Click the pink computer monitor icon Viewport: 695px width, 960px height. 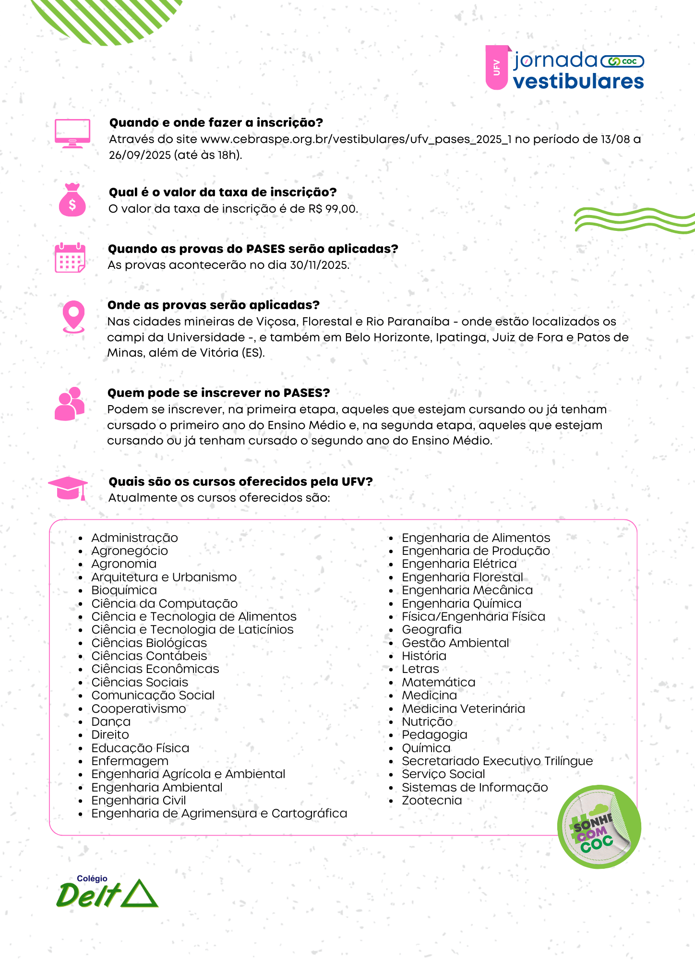(x=72, y=133)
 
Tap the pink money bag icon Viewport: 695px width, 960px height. (x=72, y=200)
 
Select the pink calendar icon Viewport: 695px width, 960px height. (x=70, y=258)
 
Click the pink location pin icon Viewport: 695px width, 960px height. (x=73, y=316)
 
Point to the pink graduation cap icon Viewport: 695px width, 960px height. (x=68, y=488)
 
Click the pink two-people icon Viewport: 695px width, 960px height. (x=70, y=404)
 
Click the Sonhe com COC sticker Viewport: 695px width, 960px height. (x=599, y=827)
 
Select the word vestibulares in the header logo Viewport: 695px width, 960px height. (x=578, y=82)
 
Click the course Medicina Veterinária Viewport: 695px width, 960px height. (x=463, y=708)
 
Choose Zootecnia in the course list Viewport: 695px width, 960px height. (x=432, y=800)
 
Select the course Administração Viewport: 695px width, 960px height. (x=134, y=538)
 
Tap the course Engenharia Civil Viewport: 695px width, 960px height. (x=139, y=800)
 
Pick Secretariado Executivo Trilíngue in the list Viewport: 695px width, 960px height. (x=497, y=761)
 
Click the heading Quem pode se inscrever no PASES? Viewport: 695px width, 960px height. (x=219, y=393)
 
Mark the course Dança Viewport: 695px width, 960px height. (x=111, y=721)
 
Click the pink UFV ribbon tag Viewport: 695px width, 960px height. (x=497, y=68)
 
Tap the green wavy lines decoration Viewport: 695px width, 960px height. (x=634, y=220)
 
